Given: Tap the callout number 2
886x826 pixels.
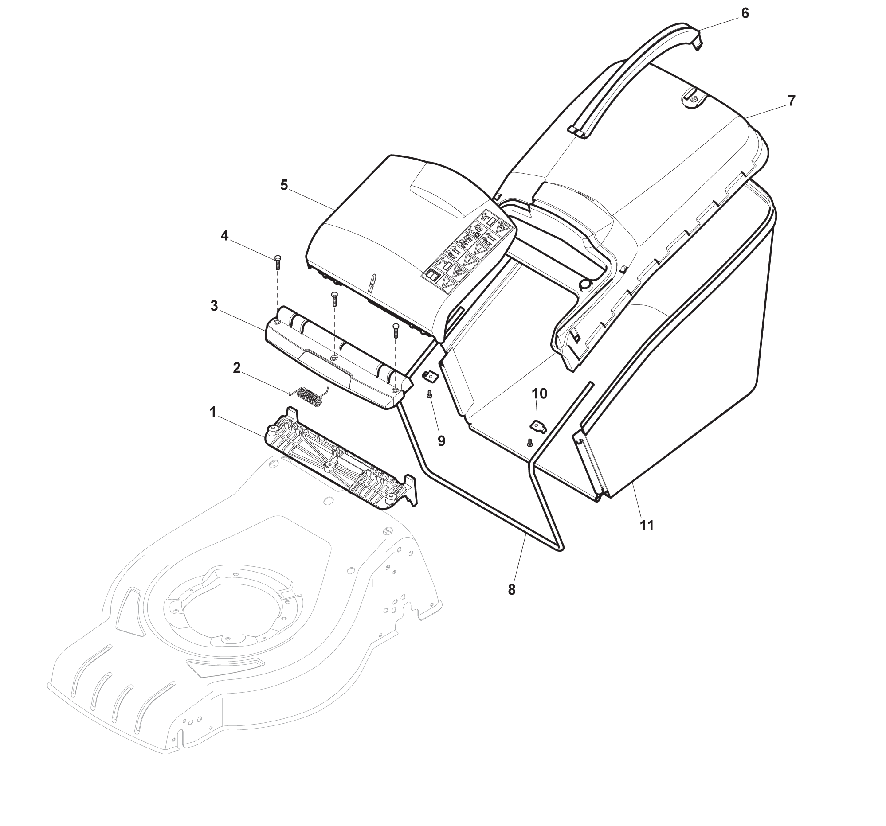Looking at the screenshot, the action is (x=237, y=367).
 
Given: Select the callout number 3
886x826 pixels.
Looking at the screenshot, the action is (x=214, y=306).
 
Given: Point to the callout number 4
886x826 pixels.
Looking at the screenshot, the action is (x=225, y=236).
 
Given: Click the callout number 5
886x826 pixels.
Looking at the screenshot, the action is (x=284, y=185).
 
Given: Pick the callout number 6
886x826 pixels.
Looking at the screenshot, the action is (x=745, y=13).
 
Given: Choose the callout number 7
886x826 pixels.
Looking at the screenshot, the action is (x=792, y=101).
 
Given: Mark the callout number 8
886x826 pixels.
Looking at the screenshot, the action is (x=511, y=589).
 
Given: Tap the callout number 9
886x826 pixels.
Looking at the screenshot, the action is (x=441, y=441).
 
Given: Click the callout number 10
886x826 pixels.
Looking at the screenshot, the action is (x=539, y=394).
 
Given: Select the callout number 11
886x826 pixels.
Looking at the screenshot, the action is (x=647, y=526).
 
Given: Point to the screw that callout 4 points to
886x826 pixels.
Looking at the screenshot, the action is (x=277, y=263).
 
